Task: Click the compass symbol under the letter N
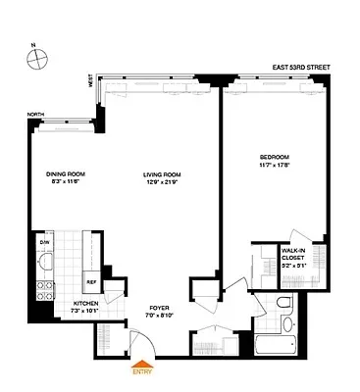point(36,60)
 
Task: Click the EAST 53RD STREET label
point(306,69)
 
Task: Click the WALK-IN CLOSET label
point(297,256)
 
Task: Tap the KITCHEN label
point(85,304)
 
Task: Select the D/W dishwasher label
point(43,240)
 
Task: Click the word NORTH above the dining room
point(37,114)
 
